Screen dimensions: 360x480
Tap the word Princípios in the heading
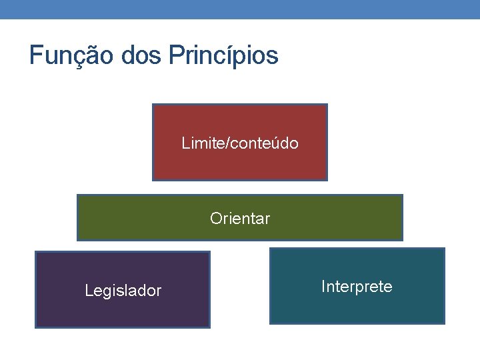click(223, 55)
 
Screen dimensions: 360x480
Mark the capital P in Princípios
click(175, 55)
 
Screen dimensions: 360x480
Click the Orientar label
click(240, 218)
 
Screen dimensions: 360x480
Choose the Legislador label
click(123, 291)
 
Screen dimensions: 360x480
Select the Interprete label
click(357, 287)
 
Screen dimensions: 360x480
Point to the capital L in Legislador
click(89, 291)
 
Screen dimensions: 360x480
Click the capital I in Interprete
click(323, 287)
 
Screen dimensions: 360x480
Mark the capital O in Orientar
click(215, 218)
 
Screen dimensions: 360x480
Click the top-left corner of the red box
click(153, 105)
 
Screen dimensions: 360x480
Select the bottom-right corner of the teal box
click(444, 323)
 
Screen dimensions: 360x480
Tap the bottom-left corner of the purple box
click(36, 327)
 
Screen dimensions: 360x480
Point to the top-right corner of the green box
click(402, 195)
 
